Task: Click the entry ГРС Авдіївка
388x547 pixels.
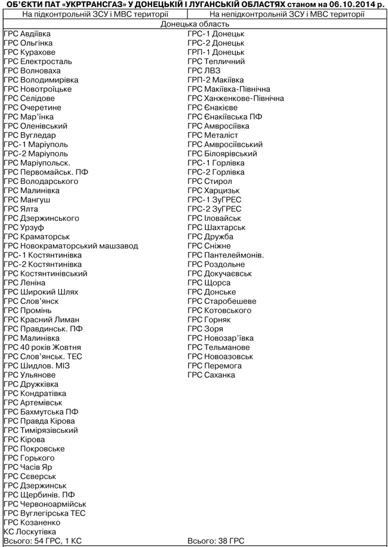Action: pyautogui.click(x=27, y=34)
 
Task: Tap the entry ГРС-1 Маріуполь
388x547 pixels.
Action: pyautogui.click(x=36, y=145)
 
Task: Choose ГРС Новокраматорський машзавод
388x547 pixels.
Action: pyautogui.click(x=70, y=246)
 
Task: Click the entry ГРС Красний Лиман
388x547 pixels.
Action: pyautogui.click(x=41, y=319)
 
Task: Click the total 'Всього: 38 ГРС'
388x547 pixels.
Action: pyautogui.click(x=215, y=541)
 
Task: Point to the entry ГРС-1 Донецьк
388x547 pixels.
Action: pyautogui.click(x=215, y=34)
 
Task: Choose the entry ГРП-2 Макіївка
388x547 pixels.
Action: pyautogui.click(x=215, y=80)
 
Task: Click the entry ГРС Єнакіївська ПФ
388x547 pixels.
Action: pyautogui.click(x=224, y=117)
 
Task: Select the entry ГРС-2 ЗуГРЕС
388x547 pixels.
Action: pyautogui.click(x=214, y=209)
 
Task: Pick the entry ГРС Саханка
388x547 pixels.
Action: pyautogui.click(x=211, y=375)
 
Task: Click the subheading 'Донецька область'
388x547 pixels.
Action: pyautogui.click(x=195, y=24)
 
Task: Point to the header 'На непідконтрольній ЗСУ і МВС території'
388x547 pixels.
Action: pyautogui.click(x=287, y=14)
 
